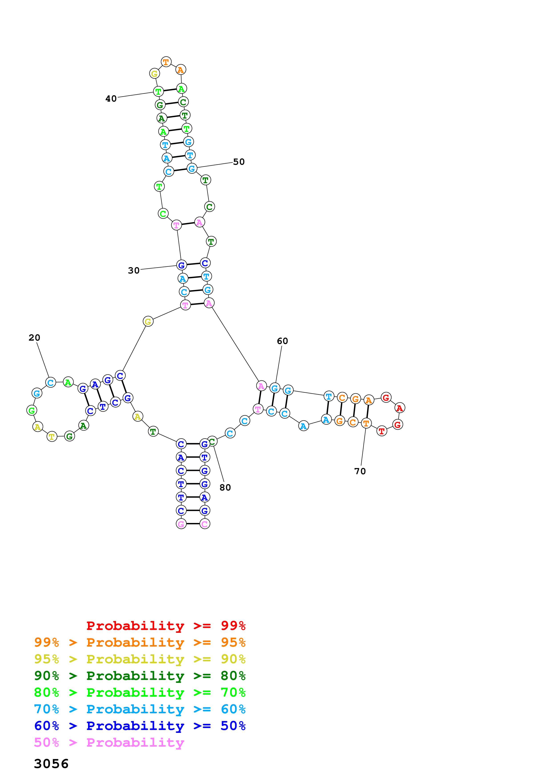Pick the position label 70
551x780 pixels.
click(360, 471)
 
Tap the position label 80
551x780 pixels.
click(225, 487)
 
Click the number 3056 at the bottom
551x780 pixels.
click(51, 764)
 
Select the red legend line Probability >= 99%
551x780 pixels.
click(166, 626)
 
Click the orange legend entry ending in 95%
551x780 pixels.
click(140, 642)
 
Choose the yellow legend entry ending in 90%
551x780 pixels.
click(140, 659)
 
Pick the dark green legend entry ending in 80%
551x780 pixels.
click(140, 676)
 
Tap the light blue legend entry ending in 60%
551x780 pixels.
click(140, 709)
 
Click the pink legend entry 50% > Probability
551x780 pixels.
click(109, 742)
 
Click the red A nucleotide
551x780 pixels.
click(400, 408)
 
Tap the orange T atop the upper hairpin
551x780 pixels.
click(166, 62)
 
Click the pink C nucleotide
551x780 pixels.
click(204, 524)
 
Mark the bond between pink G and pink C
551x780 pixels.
click(193, 523)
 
